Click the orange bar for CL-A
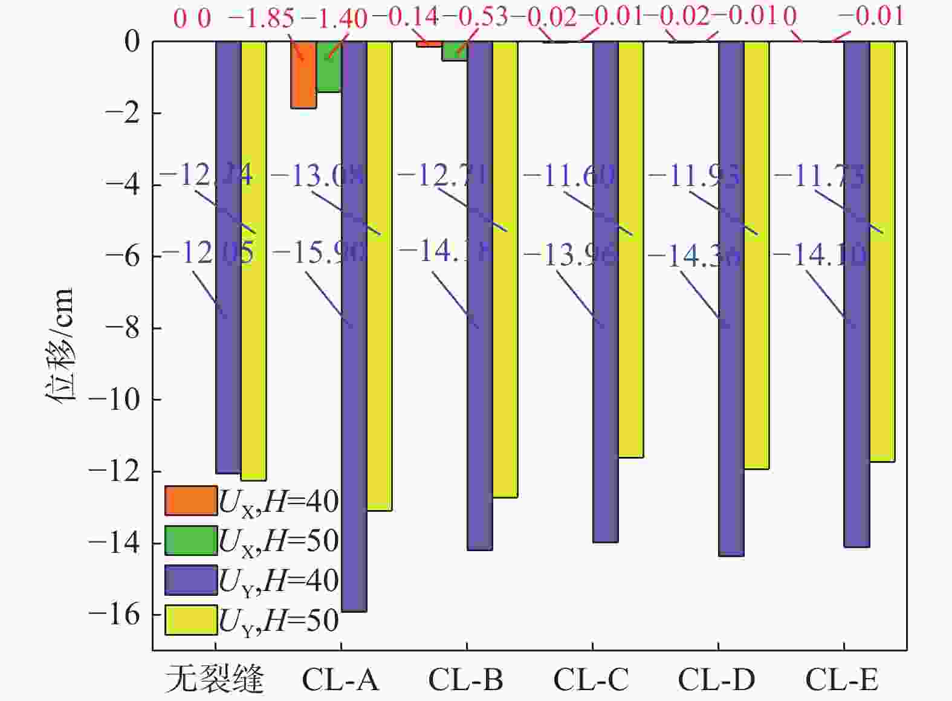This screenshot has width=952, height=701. (303, 75)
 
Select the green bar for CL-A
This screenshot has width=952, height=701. (328, 67)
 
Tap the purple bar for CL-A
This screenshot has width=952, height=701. (354, 326)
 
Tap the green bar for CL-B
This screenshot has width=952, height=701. (454, 51)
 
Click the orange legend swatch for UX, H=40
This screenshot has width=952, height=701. (190, 500)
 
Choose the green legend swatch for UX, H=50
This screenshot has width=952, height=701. (190, 540)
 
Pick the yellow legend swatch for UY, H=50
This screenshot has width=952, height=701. (190, 620)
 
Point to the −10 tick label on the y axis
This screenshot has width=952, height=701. (114, 399)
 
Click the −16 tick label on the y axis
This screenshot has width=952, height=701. (114, 615)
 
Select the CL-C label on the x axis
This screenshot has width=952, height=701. (591, 680)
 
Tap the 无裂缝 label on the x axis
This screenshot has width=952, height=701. (215, 680)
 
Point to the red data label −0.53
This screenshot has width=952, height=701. (483, 18)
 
